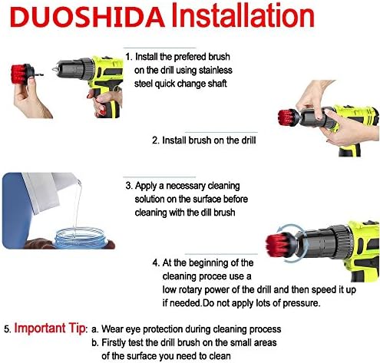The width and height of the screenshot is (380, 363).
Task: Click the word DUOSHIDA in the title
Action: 88,17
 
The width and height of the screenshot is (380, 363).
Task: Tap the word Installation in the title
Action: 243,15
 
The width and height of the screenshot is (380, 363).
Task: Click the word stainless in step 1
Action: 216,70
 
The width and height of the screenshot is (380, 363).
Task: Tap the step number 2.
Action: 156,140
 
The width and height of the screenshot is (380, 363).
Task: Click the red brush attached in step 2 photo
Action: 286,118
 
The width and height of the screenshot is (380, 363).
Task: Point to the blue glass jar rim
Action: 81,235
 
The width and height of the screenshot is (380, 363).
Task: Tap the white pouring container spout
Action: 78,182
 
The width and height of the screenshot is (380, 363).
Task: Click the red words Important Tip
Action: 50,328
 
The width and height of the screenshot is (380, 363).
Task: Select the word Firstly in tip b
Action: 114,342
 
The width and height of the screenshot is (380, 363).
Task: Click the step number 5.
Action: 8,329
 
